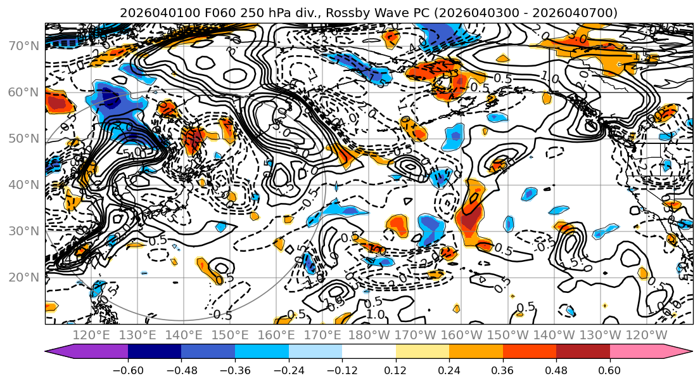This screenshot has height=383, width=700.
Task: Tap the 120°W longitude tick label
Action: [647, 335]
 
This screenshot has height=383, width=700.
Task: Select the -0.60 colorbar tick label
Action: [128, 369]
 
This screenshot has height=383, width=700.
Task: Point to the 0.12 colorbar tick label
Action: [396, 369]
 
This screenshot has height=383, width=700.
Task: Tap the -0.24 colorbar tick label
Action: [289, 369]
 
